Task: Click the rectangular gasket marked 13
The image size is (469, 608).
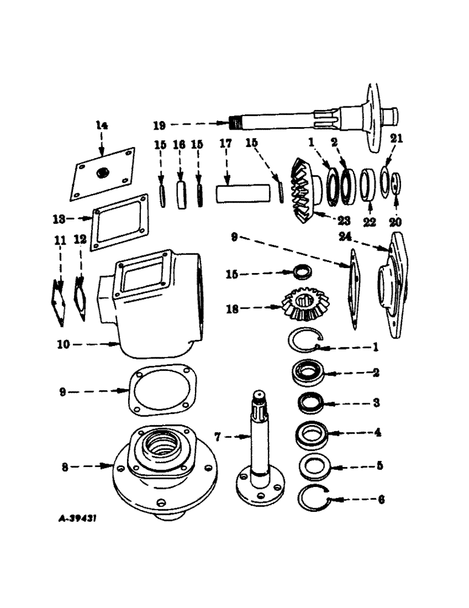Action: [x=120, y=222]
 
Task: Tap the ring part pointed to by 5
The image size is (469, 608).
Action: [x=315, y=468]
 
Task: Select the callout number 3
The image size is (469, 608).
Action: [x=376, y=402]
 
